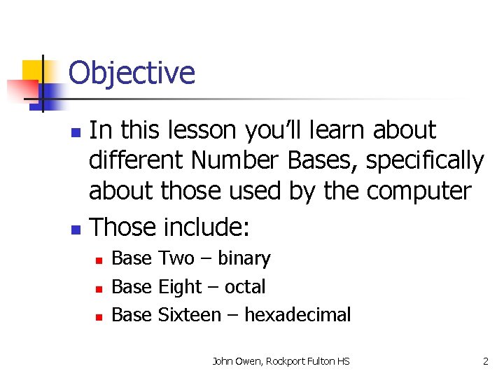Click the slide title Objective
132,73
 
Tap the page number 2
485,361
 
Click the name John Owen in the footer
237,361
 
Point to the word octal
245,287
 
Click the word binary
244,258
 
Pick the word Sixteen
190,315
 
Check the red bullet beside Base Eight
99,288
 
